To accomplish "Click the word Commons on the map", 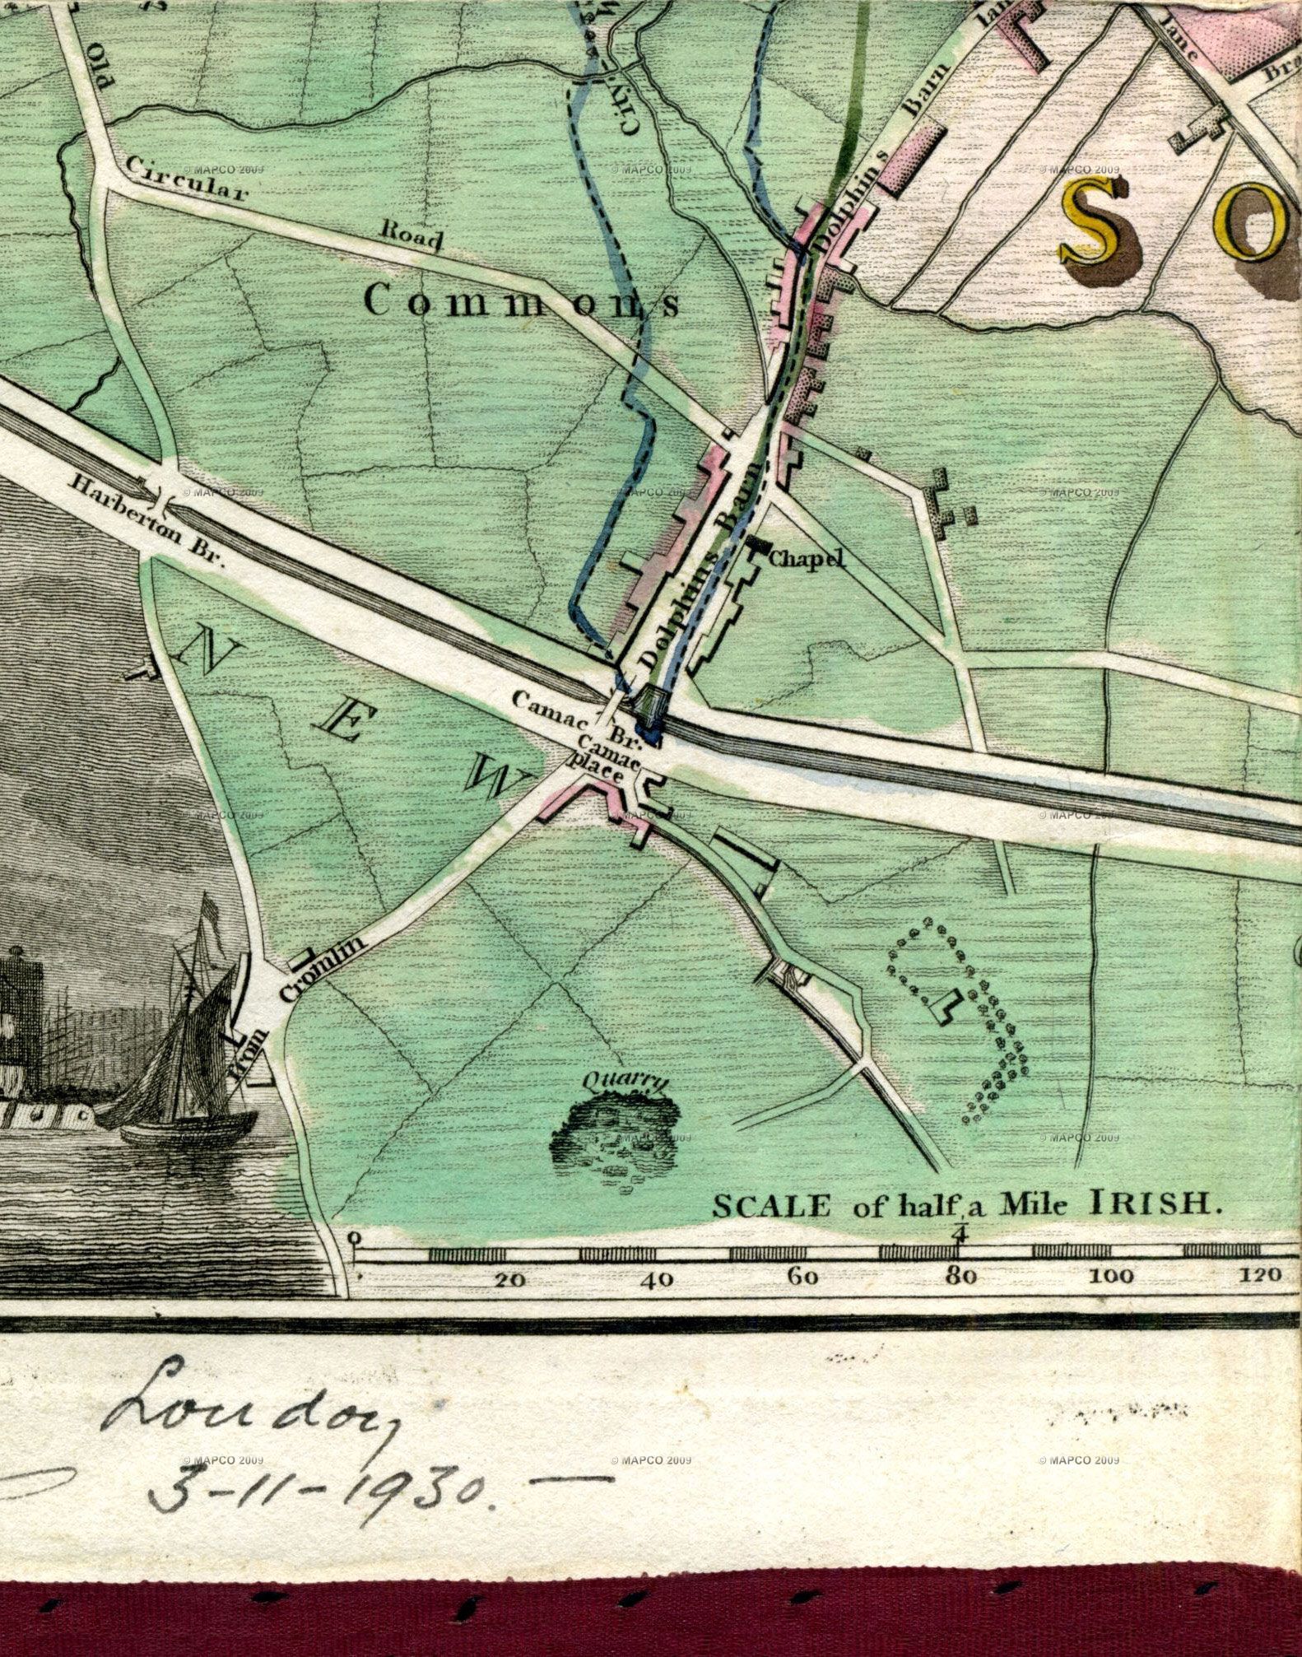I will pos(522,302).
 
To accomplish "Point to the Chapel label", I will pos(807,560).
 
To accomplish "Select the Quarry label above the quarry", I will pos(625,1083).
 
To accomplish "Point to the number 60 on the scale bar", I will pos(802,1278).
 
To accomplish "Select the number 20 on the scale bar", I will pos(509,1279).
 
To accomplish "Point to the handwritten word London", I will pos(247,1408).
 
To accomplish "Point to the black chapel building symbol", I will pos(756,544).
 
